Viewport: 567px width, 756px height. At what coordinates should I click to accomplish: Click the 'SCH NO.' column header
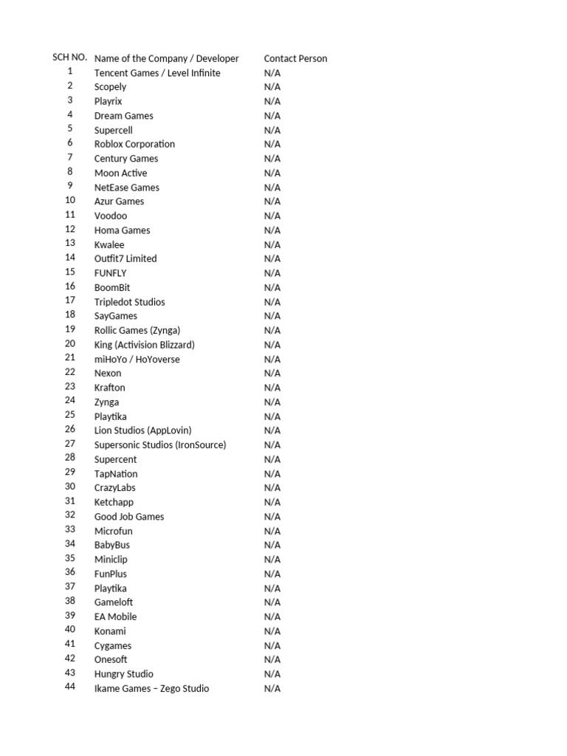[70, 58]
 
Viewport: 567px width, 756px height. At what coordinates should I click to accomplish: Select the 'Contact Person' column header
[295, 58]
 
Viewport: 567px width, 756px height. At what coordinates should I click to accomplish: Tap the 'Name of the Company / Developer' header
[167, 58]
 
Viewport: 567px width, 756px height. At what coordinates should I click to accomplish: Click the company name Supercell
[114, 130]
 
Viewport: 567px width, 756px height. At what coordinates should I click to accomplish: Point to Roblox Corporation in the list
[134, 144]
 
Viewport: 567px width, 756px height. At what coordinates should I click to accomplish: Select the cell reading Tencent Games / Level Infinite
[157, 73]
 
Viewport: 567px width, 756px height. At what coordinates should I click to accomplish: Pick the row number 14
[70, 258]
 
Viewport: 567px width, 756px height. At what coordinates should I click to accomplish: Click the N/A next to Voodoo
[272, 216]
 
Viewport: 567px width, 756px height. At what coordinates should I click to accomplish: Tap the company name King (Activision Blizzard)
[145, 345]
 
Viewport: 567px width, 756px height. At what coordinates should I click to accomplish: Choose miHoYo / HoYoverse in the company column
[137, 359]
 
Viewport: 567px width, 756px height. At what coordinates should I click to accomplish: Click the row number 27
[70, 444]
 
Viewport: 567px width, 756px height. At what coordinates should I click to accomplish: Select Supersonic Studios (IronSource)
[160, 444]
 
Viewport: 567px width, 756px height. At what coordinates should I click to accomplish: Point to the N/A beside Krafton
[272, 388]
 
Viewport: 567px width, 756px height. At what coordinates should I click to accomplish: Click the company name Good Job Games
[129, 516]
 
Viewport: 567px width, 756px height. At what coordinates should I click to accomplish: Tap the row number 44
[70, 687]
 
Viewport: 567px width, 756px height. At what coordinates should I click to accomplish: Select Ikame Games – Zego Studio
[151, 688]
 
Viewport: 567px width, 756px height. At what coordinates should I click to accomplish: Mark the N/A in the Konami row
[272, 630]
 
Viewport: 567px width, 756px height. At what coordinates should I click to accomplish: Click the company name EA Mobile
[115, 616]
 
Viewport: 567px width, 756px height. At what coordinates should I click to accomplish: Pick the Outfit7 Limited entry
[126, 258]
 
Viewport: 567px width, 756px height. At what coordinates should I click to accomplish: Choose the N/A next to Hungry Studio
[272, 673]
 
